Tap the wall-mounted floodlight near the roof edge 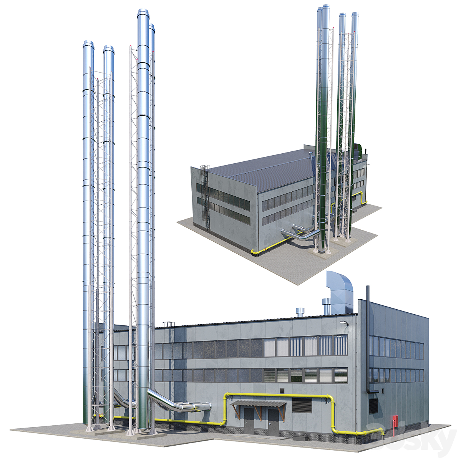[x=345, y=323]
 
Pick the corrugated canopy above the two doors [x=258, y=404]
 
